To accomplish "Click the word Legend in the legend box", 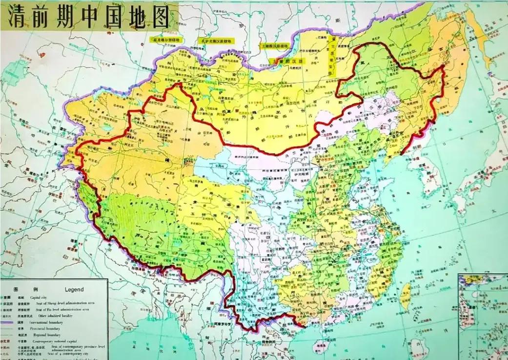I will pyautogui.click(x=74, y=289).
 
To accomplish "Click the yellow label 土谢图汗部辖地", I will pyautogui.click(x=275, y=46).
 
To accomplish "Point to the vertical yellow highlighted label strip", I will pyautogui.click(x=332, y=56).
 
